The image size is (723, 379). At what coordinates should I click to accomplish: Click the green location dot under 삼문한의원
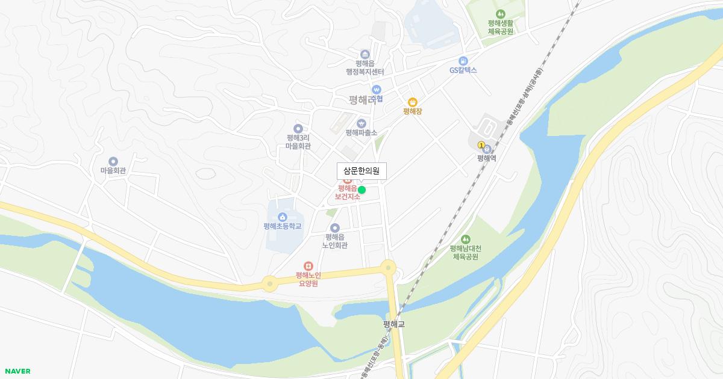coord(361,189)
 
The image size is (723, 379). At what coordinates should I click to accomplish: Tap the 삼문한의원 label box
coord(361,171)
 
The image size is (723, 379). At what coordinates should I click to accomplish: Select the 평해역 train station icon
coord(487,149)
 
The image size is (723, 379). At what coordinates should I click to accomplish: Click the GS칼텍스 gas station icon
coord(463,61)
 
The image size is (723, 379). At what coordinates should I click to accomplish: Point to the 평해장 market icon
coord(413,102)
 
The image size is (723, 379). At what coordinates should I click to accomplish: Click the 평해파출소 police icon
coord(361,123)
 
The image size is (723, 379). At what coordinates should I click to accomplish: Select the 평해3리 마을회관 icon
coord(298,128)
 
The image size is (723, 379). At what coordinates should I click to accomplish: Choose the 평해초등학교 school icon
coord(282,217)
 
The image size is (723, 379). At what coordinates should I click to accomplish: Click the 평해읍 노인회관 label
coord(334,241)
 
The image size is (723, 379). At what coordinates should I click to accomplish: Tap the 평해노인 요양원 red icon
coord(308,266)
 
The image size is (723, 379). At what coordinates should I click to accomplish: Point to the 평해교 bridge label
coord(394,324)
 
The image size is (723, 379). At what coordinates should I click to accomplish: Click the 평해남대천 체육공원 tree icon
coord(465,239)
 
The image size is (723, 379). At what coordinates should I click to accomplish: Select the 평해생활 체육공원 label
coord(500,27)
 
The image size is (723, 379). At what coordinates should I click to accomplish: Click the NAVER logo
coord(17,371)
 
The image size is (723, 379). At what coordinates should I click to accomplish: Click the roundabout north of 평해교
coord(388,268)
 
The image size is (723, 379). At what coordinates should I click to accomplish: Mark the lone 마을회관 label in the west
coord(113,170)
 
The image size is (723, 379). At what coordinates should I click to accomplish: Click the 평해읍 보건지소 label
coord(348,193)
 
